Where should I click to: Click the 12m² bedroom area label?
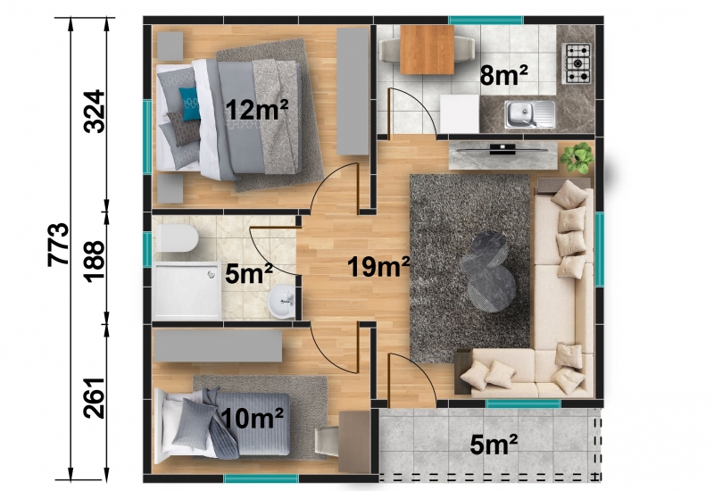(x=257, y=110)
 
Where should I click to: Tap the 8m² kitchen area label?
(x=503, y=75)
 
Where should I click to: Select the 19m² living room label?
(x=378, y=266)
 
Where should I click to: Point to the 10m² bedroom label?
(x=253, y=418)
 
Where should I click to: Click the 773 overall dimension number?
(x=59, y=244)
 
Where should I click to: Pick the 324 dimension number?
(x=95, y=111)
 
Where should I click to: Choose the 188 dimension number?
(x=95, y=262)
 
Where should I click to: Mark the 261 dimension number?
(x=95, y=397)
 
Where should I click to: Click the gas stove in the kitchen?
(x=577, y=62)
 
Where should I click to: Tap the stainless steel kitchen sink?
(x=529, y=114)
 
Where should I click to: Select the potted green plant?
(x=577, y=158)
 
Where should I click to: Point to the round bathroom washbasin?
(x=281, y=301)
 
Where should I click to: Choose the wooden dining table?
(x=427, y=49)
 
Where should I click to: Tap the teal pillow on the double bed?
(x=189, y=104)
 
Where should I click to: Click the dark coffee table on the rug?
(x=487, y=272)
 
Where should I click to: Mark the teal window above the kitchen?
(x=486, y=20)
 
